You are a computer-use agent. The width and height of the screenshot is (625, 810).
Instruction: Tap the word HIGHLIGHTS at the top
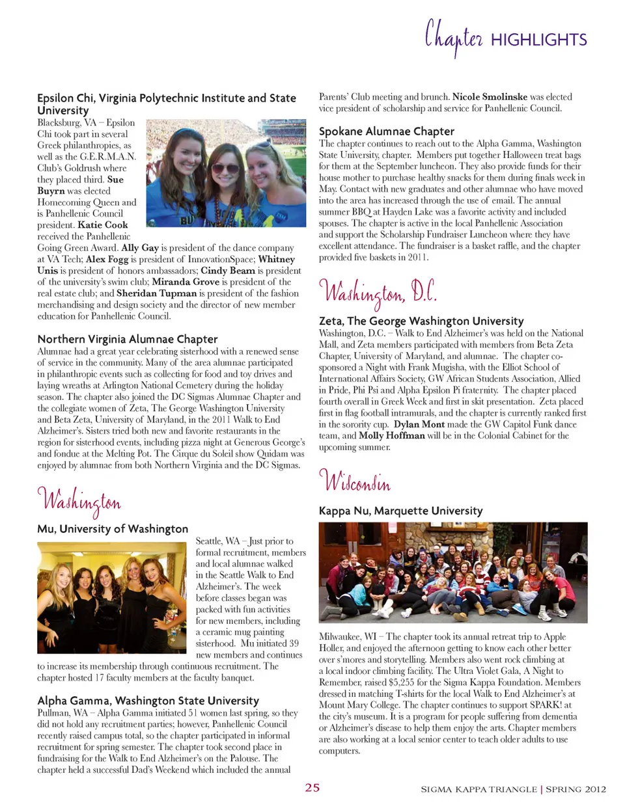pos(538,40)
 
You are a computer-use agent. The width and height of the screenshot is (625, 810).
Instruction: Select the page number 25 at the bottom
pos(312,787)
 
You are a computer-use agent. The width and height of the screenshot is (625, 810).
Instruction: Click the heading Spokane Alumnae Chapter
pos(386,131)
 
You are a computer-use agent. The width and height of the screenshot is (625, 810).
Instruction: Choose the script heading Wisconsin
pos(355,482)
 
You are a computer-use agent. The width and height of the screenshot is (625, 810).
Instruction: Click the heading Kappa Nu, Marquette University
pos(400,511)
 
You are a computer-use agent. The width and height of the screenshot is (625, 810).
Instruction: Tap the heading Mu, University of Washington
pos(113,528)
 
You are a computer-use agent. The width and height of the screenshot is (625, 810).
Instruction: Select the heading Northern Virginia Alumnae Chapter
pos(128,338)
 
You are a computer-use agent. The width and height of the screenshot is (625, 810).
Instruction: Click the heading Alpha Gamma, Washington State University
pos(148,700)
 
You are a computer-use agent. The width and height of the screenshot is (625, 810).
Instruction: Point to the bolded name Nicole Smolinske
pos(490,96)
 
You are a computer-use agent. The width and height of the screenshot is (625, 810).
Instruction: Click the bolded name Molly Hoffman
pos(391,435)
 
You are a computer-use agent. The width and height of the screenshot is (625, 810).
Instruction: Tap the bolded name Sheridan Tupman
pos(156,293)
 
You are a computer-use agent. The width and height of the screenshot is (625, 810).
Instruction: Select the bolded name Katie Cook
pos(103,225)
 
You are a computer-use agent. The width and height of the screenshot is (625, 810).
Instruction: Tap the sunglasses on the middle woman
pos(225,168)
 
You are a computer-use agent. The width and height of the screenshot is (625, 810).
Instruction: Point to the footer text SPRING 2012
pos(576,789)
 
